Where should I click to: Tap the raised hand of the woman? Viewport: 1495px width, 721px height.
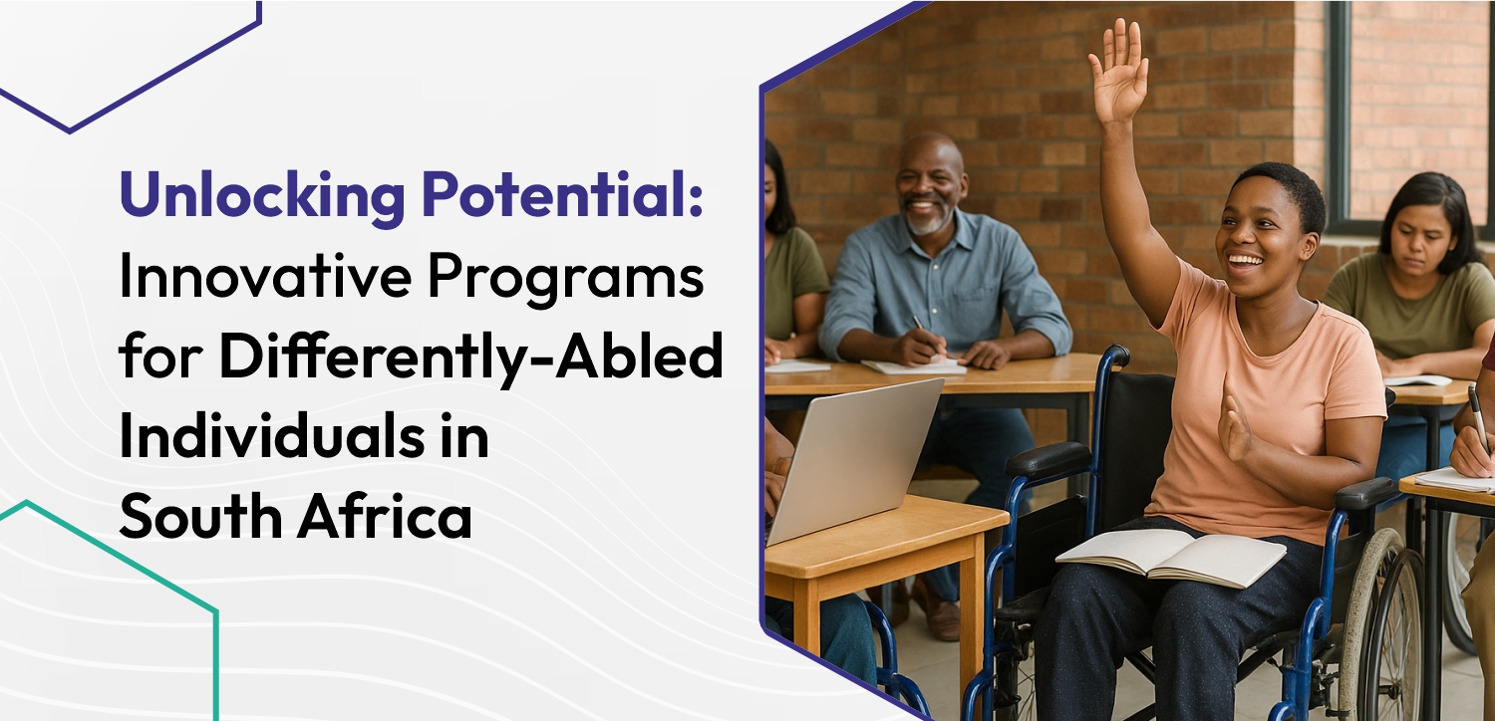pos(1118,71)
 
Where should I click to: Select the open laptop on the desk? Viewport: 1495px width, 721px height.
pos(857,458)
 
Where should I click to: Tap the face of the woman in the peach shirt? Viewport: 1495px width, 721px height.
pos(1261,235)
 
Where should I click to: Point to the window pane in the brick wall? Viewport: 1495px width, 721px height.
pos(1420,110)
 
